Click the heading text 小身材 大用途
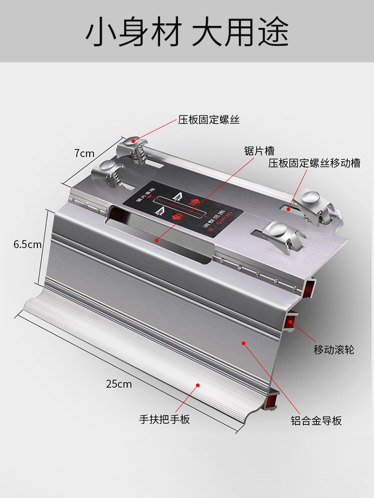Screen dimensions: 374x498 (187, 32)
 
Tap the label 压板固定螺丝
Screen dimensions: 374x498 (209, 120)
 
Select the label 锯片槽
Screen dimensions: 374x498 (259, 151)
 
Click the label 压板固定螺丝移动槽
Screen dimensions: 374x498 (314, 163)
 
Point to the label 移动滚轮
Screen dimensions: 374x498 (334, 350)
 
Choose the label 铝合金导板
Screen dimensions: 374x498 (317, 421)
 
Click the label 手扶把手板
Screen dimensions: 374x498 (165, 419)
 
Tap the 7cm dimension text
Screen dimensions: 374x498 (84, 153)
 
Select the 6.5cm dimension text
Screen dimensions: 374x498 (27, 245)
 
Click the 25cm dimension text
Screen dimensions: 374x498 (119, 383)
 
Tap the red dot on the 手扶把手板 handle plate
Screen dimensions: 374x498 (198, 384)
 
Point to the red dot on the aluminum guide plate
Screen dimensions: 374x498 (244, 343)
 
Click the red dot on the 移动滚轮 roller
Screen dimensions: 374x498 (291, 323)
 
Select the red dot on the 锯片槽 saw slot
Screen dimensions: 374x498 (157, 240)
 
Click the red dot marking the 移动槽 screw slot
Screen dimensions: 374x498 (288, 210)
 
